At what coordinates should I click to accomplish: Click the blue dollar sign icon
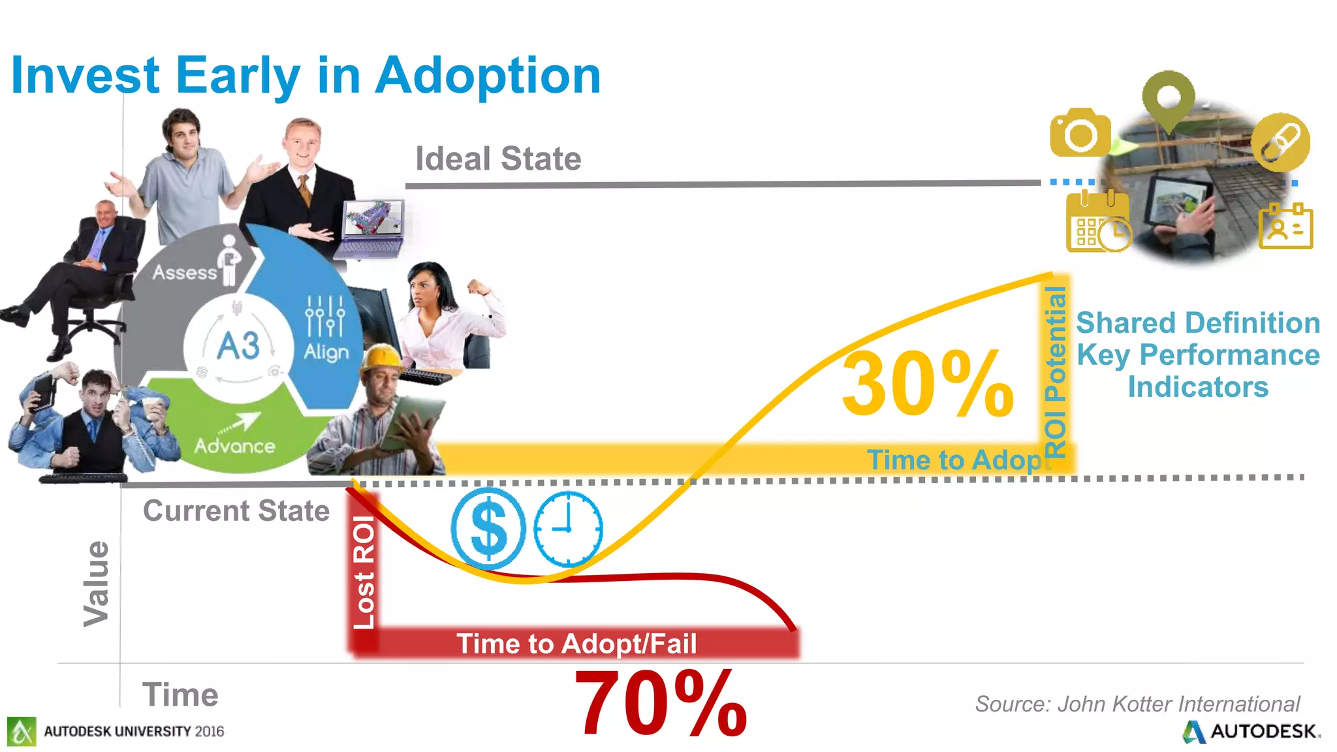coord(488,527)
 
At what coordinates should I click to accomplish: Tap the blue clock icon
coord(567,527)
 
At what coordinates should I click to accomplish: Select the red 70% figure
coord(660,704)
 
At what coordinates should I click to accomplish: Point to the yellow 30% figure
coord(927,383)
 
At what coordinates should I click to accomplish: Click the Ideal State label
coord(498,159)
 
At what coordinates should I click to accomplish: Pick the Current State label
coord(236,510)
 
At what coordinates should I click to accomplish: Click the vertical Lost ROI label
coord(364,572)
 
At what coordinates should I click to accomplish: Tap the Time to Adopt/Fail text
coord(576,644)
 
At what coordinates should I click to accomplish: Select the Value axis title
coord(97,583)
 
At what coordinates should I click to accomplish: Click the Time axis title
coord(180,694)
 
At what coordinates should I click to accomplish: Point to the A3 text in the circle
coord(238,346)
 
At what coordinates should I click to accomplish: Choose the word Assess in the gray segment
coord(185,272)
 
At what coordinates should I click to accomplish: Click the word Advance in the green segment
coord(234,446)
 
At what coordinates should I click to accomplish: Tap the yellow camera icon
coord(1080,133)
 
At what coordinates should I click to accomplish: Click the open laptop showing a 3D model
coord(372,228)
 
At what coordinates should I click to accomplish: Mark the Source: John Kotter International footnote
coord(1137,704)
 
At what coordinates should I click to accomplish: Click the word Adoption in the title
coord(488,76)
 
